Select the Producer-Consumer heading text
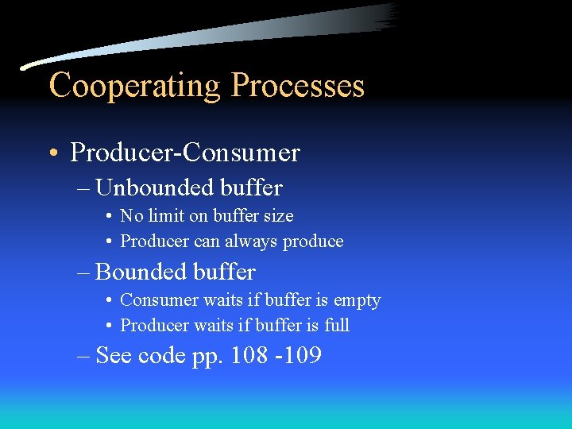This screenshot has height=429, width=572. click(184, 152)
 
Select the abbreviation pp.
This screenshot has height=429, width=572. click(207, 357)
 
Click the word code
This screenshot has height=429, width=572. click(161, 355)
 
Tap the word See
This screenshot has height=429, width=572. click(114, 355)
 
